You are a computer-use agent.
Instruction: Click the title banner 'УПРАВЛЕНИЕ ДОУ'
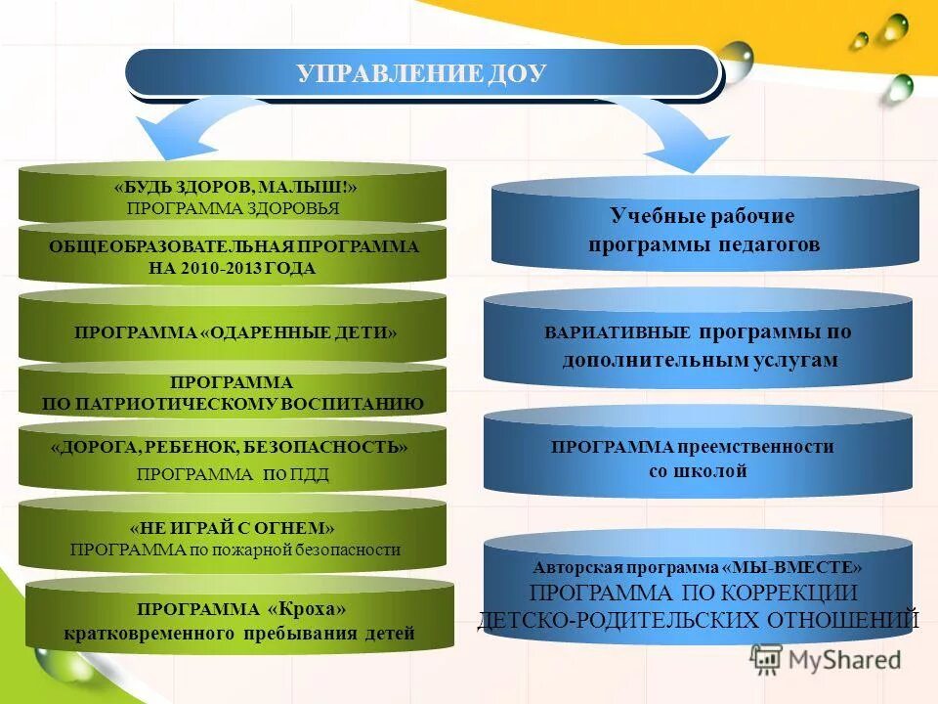tap(422, 73)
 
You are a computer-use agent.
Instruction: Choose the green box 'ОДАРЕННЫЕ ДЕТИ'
tap(232, 331)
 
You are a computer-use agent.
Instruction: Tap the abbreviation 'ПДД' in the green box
tap(309, 475)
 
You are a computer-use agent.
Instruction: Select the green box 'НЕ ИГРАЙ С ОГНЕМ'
tap(232, 539)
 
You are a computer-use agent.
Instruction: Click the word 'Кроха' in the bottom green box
tap(307, 608)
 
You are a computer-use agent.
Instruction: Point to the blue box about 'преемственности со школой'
tap(698, 459)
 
